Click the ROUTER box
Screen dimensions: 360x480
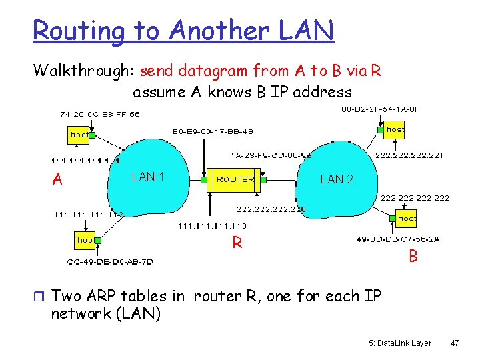(x=235, y=179)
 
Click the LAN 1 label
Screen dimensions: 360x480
(x=148, y=177)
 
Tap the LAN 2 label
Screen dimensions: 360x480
(x=337, y=179)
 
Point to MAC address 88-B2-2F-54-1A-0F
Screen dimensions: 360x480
(x=380, y=109)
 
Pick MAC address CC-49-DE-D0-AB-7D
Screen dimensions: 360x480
(x=110, y=261)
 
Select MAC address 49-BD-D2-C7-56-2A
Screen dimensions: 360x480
(x=399, y=239)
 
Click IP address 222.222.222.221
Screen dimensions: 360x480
(x=409, y=155)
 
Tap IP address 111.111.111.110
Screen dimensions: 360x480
(x=211, y=226)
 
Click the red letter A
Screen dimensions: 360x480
(x=58, y=179)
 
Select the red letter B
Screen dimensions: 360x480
(x=413, y=256)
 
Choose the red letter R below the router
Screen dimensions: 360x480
(x=237, y=243)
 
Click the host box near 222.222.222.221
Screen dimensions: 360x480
(x=395, y=129)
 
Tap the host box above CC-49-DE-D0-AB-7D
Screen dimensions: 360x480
(x=86, y=239)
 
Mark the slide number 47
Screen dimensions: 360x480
(x=455, y=342)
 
